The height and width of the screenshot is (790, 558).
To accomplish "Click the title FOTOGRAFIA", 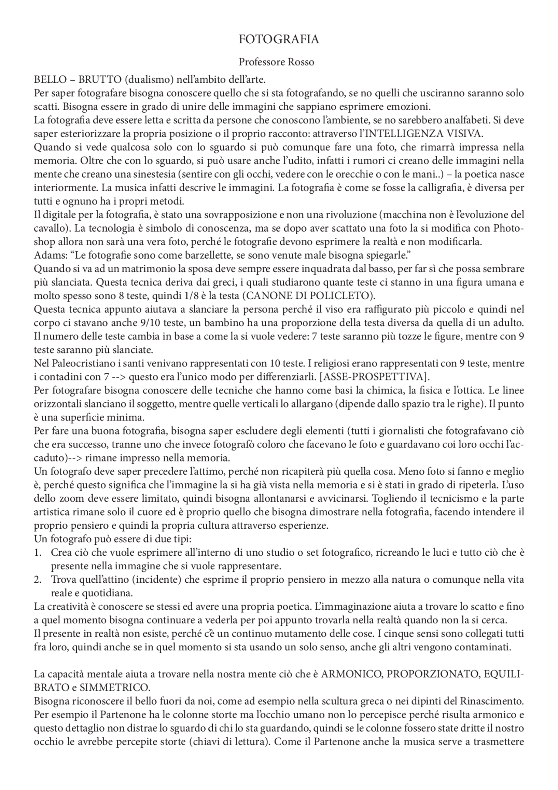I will (279, 40).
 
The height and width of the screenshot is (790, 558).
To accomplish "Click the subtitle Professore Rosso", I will (276, 62).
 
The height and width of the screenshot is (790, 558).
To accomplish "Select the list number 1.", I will (38, 553).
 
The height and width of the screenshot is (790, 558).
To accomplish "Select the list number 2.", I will (38, 580).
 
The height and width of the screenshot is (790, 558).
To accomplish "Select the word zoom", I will (64, 499).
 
